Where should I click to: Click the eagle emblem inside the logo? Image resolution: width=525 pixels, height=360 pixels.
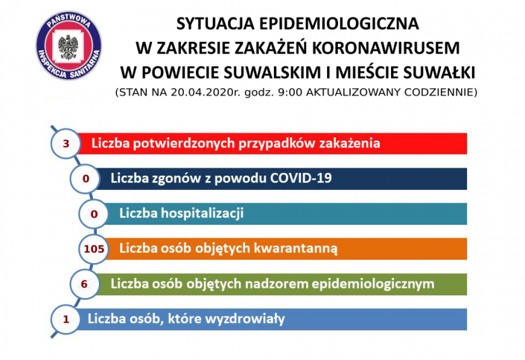pos(68,46)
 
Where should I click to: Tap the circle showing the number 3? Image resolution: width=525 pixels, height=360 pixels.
pos(66,144)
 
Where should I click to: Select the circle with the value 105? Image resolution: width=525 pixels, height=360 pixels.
pos(94,249)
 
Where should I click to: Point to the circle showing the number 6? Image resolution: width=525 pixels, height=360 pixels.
pos(85,284)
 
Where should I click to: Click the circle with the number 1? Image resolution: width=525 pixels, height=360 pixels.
pos(66,319)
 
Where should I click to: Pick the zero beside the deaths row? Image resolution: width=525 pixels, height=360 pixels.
pos(85,179)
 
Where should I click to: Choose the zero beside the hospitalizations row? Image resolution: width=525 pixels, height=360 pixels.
pos(94,214)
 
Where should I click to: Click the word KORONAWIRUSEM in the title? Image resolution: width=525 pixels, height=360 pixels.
pos(386,48)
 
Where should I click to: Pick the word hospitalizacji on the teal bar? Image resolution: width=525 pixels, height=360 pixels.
pos(202,213)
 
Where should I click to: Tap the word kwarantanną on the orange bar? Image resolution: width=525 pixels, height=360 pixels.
pos(295,249)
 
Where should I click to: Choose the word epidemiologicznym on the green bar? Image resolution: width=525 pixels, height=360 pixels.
pos(373,284)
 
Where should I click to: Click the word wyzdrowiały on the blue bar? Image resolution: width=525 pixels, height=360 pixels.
pos(245,319)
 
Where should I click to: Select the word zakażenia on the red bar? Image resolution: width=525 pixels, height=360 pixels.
pos(349,143)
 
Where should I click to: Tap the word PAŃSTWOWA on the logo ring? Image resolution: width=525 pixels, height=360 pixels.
pos(69,20)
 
